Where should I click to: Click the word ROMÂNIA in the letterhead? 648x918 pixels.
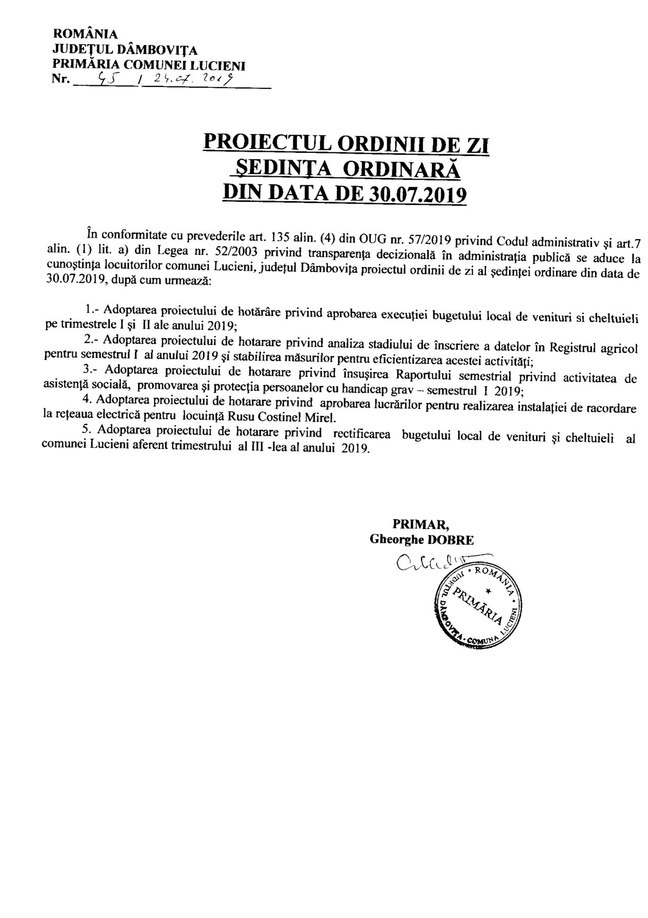(x=85, y=34)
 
